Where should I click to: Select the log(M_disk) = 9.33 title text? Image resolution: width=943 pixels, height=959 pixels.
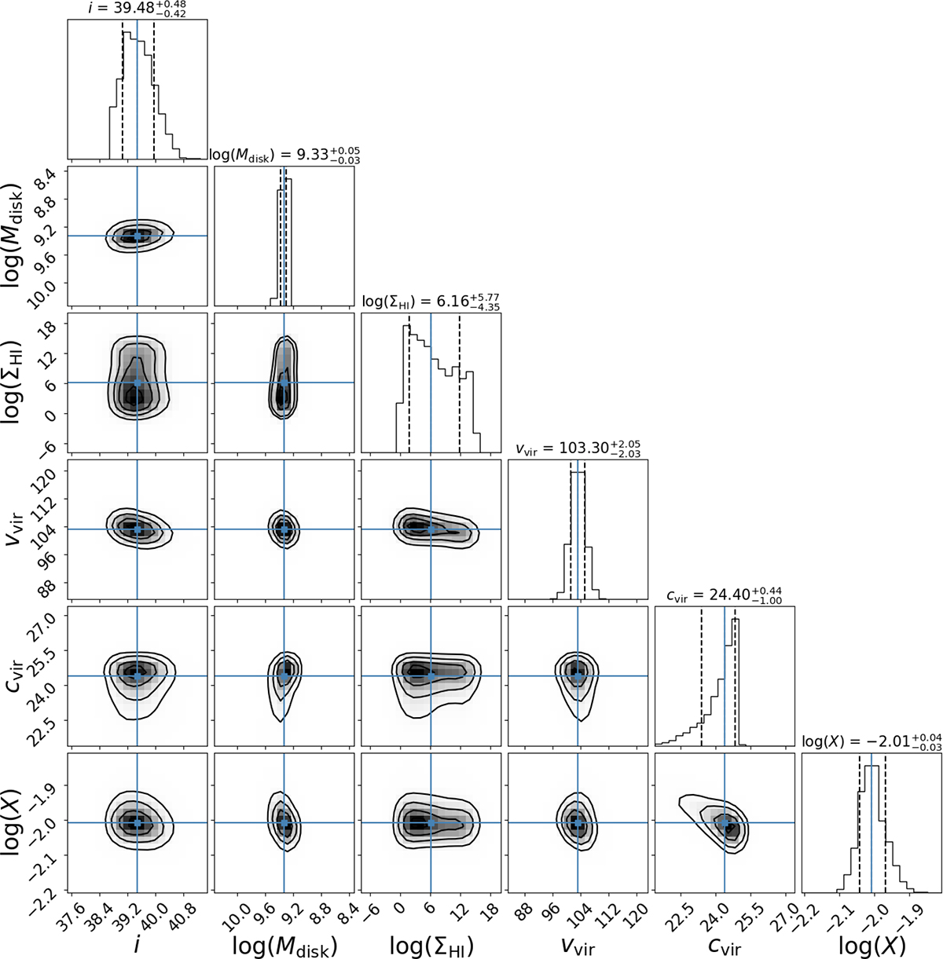click(x=284, y=154)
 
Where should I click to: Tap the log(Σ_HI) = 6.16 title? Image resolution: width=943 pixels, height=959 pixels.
click(x=431, y=300)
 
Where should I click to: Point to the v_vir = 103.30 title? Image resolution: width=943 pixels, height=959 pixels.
click(x=578, y=447)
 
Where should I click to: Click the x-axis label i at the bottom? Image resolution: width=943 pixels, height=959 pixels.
click(x=138, y=946)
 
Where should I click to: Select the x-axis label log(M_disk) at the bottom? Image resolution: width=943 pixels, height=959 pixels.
click(x=284, y=946)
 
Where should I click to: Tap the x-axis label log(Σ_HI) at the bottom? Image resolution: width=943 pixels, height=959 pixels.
click(x=431, y=946)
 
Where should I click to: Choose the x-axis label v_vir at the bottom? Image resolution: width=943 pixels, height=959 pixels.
click(x=578, y=946)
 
